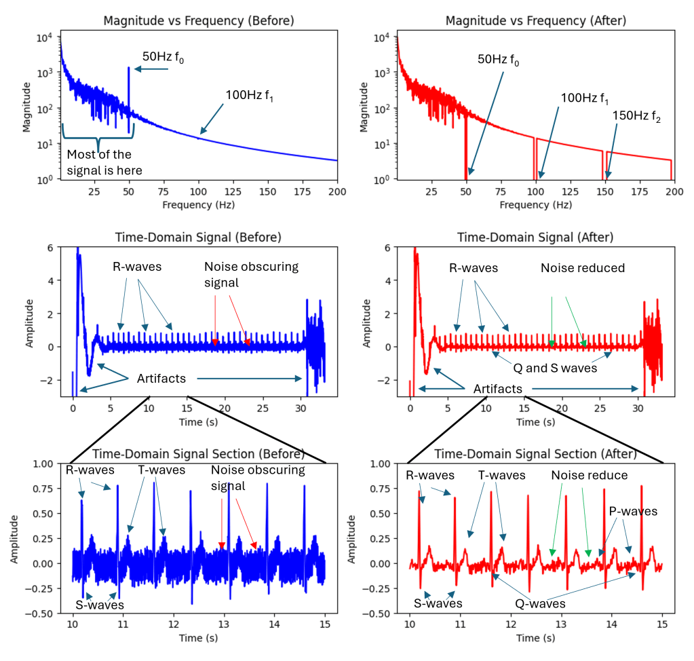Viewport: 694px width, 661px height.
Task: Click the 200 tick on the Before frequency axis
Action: pyautogui.click(x=337, y=192)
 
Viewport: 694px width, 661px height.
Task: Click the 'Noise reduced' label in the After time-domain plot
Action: pyautogui.click(x=582, y=268)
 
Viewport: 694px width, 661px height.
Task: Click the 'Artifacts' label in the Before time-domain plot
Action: pyautogui.click(x=161, y=378)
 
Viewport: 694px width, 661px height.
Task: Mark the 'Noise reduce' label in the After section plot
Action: pyautogui.click(x=589, y=475)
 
